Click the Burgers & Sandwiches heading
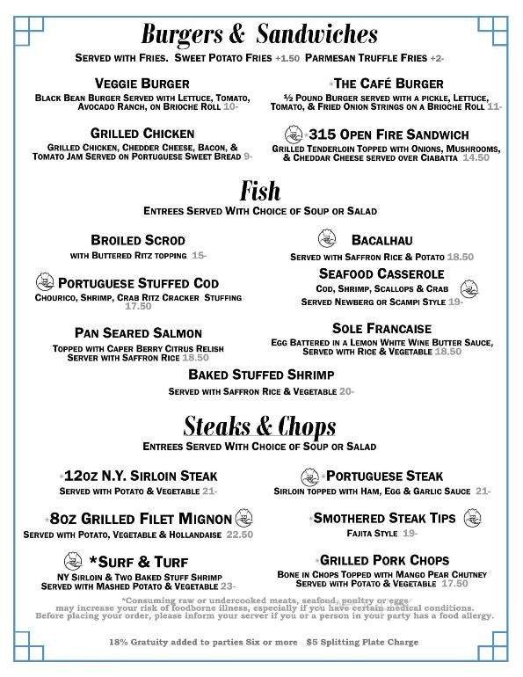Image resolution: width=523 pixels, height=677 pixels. [x=260, y=34]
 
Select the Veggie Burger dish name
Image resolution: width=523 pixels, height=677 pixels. [x=139, y=84]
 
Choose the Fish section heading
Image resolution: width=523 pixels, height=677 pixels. [x=261, y=191]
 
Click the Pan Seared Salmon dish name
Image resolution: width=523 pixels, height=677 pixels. [x=139, y=333]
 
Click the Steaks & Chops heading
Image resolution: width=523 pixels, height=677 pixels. [x=260, y=428]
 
